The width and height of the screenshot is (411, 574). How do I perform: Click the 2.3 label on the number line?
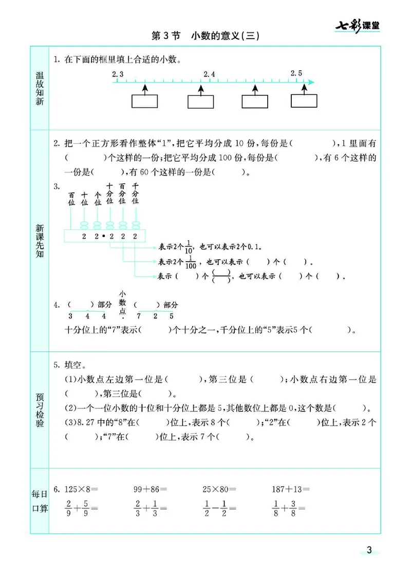(118, 74)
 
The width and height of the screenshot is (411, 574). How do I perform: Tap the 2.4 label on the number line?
(209, 74)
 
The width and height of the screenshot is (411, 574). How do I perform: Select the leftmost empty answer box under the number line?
(144, 101)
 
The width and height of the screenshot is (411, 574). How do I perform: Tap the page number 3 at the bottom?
(368, 551)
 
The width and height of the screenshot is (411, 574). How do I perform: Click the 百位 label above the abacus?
(71, 199)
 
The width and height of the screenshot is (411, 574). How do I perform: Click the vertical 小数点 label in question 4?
(122, 303)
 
